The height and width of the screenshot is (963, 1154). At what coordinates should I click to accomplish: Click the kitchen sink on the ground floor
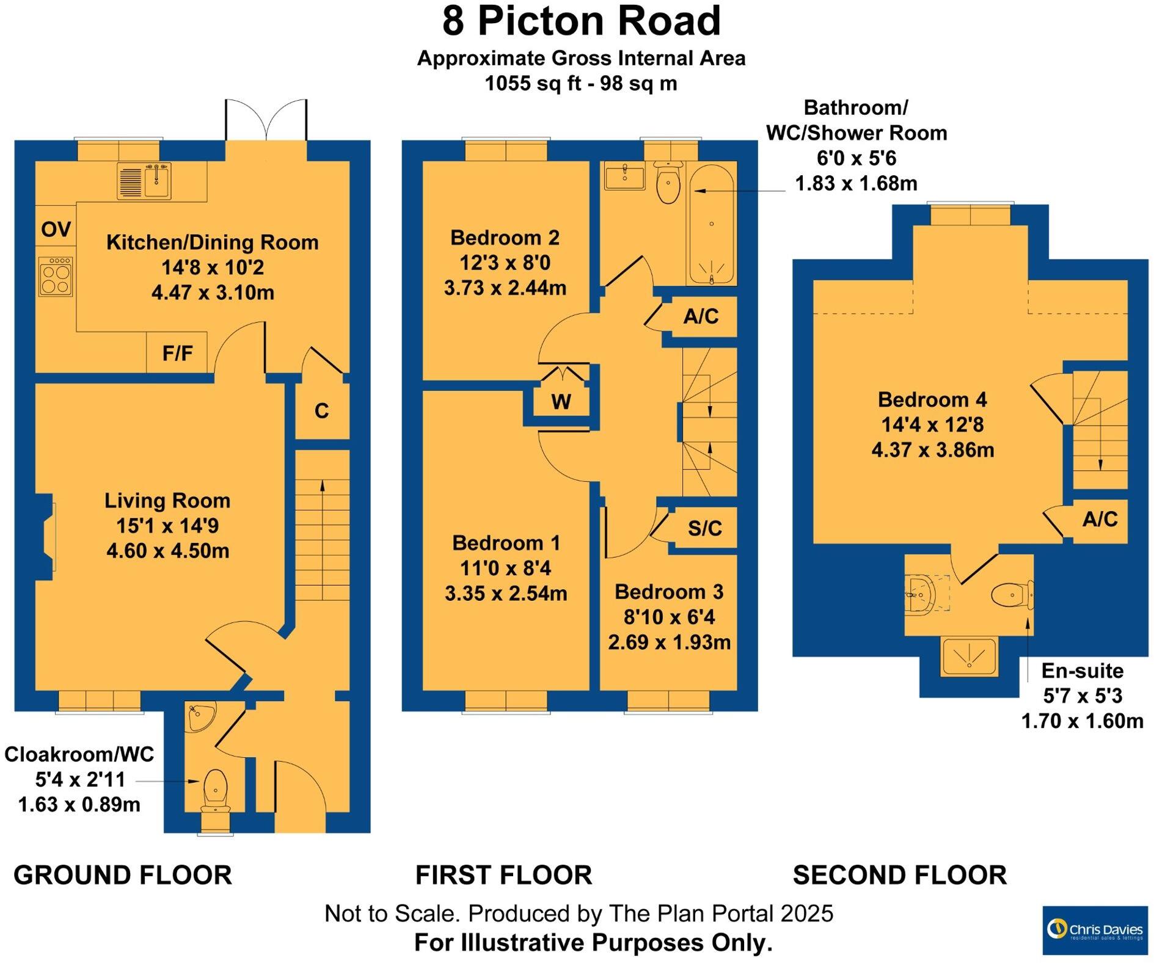(x=144, y=181)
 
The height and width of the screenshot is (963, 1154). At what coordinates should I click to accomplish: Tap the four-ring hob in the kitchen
(x=56, y=277)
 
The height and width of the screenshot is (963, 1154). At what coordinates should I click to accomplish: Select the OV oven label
(x=56, y=230)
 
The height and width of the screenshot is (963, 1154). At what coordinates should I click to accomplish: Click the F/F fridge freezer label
(x=177, y=353)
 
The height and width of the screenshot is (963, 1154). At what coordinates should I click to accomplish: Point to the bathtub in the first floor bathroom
(x=712, y=223)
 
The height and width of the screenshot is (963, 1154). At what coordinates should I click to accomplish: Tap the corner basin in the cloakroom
(x=198, y=717)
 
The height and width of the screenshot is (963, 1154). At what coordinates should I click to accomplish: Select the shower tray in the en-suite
(x=970, y=656)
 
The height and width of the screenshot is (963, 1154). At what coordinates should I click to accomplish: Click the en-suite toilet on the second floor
(x=1011, y=594)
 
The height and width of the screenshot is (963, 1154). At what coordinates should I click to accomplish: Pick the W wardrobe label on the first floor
(x=561, y=402)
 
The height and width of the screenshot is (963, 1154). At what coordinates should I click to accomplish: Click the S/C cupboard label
(x=704, y=528)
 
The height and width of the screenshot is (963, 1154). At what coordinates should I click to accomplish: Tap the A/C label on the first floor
(x=701, y=316)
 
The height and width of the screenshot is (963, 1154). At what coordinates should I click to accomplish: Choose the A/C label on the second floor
(x=1100, y=520)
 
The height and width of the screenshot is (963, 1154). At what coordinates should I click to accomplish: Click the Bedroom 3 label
(x=669, y=592)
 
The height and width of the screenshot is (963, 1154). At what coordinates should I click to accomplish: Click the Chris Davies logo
(x=1095, y=930)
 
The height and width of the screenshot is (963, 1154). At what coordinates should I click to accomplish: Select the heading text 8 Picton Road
(x=581, y=21)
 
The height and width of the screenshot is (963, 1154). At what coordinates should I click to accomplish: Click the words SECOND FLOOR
(x=899, y=875)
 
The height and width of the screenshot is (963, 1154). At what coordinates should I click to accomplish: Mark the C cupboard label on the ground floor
(x=321, y=412)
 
